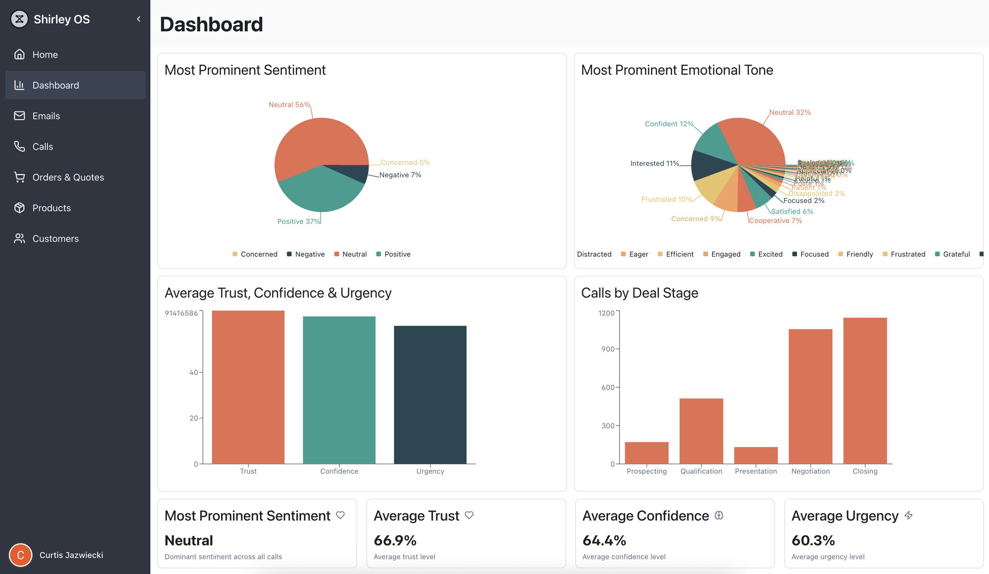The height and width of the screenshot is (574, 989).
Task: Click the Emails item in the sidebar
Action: click(x=46, y=116)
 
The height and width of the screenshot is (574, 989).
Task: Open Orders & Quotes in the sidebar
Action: click(x=68, y=177)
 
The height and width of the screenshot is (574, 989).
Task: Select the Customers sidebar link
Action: click(x=55, y=239)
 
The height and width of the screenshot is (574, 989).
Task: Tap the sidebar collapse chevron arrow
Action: click(x=138, y=19)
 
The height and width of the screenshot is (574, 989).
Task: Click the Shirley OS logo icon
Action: click(x=19, y=19)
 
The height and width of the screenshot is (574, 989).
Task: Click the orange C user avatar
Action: click(x=21, y=555)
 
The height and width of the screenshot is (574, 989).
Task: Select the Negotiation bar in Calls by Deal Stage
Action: click(x=810, y=396)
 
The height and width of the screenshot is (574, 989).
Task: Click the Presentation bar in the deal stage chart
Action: click(x=756, y=455)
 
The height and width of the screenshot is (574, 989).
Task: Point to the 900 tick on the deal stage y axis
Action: click(x=608, y=349)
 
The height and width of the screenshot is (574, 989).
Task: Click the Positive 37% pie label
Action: click(x=298, y=222)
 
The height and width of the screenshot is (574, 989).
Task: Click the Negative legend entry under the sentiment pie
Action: click(x=309, y=254)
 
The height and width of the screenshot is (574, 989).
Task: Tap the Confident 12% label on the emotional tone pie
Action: click(x=669, y=124)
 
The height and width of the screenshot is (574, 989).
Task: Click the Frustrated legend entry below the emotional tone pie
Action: click(x=908, y=254)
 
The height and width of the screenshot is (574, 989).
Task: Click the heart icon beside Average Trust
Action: click(x=469, y=515)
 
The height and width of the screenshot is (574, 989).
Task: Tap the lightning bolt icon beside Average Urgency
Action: click(x=909, y=515)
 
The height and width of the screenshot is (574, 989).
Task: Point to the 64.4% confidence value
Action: click(x=604, y=540)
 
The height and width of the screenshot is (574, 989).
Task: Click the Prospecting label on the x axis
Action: click(x=646, y=471)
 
